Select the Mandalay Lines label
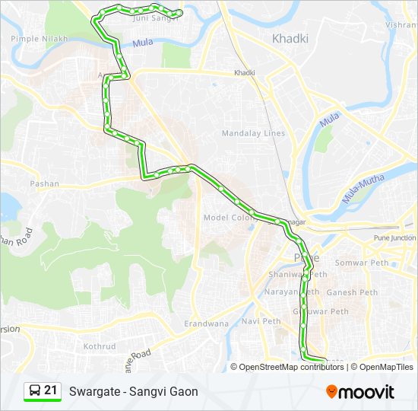(253, 133)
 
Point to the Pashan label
(44, 183)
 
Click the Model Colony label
(227, 218)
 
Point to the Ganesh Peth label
(352, 292)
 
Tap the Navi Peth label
(261, 321)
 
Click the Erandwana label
(207, 323)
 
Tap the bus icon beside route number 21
(34, 390)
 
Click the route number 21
(50, 390)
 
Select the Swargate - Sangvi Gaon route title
(133, 392)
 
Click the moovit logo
(360, 391)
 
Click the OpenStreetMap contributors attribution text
(291, 367)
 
